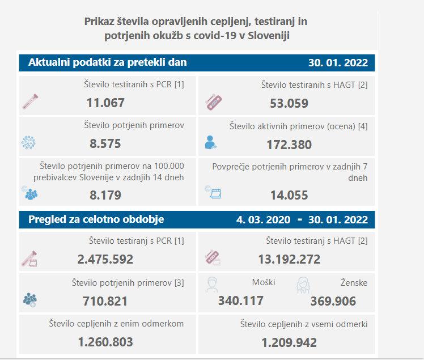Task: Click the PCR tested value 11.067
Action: (105, 103)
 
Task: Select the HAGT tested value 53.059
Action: (289, 103)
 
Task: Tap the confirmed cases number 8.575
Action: (105, 144)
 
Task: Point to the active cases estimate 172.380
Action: (289, 145)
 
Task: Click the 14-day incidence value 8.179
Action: (105, 195)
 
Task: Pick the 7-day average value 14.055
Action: (289, 196)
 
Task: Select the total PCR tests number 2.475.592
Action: (105, 259)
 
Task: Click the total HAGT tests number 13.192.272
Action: (289, 260)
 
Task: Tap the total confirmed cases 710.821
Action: (105, 300)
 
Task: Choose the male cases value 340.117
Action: (240, 300)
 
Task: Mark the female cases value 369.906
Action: (333, 301)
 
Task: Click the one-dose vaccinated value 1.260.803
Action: (105, 342)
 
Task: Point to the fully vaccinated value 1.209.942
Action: (289, 342)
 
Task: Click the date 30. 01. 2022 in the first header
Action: (337, 63)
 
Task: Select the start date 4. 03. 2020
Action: (265, 220)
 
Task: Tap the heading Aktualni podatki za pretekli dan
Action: (108, 62)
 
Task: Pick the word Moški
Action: (263, 282)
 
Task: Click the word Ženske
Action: (355, 282)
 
